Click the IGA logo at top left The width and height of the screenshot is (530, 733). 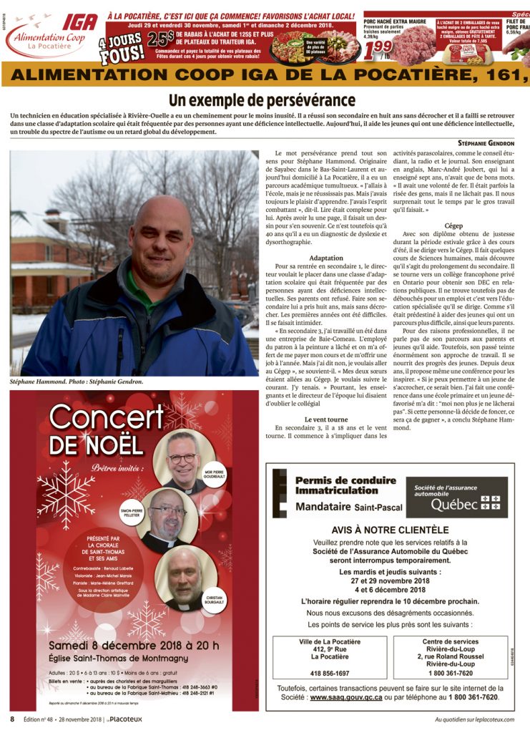79,21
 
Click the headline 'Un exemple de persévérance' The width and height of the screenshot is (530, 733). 262,100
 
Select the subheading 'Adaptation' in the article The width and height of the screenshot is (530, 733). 326,257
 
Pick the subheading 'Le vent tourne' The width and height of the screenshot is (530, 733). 326,419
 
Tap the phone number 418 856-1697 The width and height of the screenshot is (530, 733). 330,673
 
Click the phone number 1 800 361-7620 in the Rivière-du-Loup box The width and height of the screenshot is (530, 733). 451,673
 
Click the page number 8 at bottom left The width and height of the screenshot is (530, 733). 12,719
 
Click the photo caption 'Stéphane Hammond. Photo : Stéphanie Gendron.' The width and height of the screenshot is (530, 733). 77,382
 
